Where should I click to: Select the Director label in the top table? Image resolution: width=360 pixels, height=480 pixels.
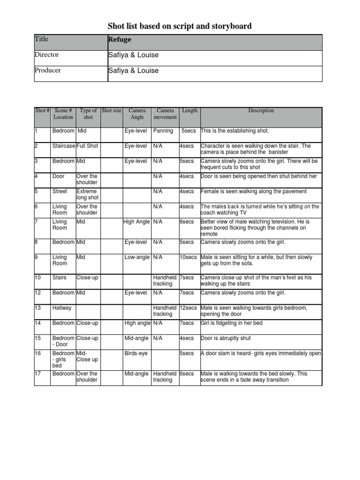coord(47,55)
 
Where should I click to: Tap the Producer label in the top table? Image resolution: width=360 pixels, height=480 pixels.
coord(48,70)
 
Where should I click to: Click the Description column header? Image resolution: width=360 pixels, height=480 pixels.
coord(261,111)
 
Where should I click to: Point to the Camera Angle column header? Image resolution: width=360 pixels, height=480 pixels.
coord(137,114)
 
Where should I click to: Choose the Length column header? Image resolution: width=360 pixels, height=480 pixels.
coord(190,111)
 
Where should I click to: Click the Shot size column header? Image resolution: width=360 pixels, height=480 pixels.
coord(112,111)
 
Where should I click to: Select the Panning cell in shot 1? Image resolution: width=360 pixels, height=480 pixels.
coord(163,131)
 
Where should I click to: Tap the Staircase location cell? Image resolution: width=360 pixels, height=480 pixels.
coord(63,146)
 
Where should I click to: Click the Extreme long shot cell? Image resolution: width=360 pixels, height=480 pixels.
coord(88,195)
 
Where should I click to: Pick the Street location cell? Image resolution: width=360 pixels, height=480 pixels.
coord(60,191)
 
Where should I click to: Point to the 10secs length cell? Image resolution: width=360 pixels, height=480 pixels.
coord(189,257)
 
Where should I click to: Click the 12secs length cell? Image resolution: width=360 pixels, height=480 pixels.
coord(189,308)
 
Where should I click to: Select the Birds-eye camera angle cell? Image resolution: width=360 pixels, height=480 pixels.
coord(136,353)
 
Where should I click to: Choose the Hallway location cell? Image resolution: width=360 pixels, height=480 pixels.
coord(62,308)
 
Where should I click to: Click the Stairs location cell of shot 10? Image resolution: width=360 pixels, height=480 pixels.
coord(60,277)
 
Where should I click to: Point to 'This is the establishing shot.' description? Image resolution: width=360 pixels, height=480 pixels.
coord(235,131)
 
